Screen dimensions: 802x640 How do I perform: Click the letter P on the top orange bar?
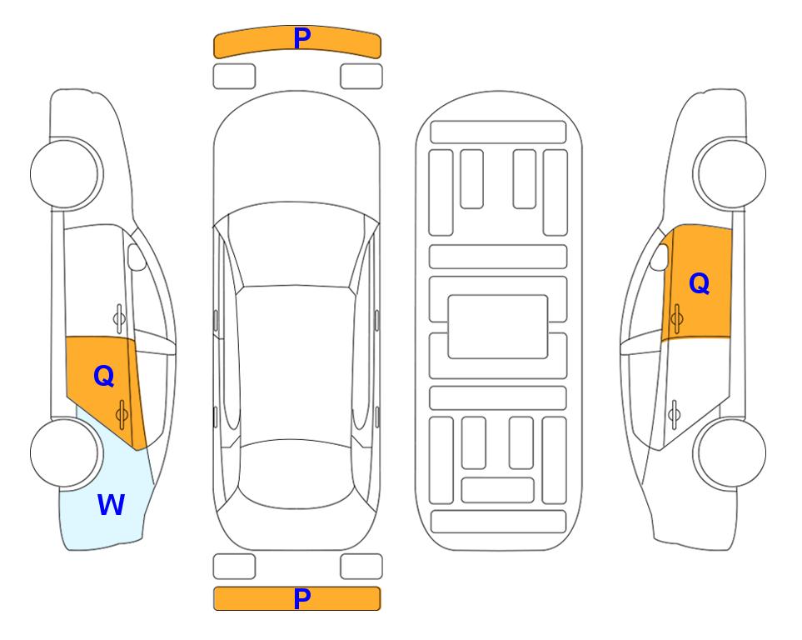click(x=302, y=37)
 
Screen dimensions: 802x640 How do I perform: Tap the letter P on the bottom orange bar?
click(x=302, y=598)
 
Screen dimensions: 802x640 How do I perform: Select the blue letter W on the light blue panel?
click(x=111, y=504)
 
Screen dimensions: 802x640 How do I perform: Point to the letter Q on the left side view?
click(x=104, y=377)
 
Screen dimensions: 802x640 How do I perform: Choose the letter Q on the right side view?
click(x=700, y=283)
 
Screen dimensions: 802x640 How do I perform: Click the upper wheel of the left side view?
click(x=66, y=173)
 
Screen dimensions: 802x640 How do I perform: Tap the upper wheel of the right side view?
click(x=730, y=173)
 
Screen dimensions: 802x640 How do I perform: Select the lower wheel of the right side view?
click(x=730, y=452)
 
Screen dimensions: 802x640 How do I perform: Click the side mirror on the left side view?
click(x=137, y=257)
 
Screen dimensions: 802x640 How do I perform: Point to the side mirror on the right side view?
click(x=660, y=257)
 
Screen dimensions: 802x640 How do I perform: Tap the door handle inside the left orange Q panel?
click(x=122, y=414)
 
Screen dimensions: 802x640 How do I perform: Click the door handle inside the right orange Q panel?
click(x=676, y=318)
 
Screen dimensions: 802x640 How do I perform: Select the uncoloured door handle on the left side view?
click(x=119, y=318)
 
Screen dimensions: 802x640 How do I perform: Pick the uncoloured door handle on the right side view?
click(x=674, y=414)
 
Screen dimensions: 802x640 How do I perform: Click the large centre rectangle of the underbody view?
click(x=498, y=327)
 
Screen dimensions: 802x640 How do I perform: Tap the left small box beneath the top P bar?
click(x=234, y=77)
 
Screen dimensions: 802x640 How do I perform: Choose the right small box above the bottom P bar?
click(x=361, y=567)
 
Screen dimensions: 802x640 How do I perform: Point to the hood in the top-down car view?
click(x=296, y=148)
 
